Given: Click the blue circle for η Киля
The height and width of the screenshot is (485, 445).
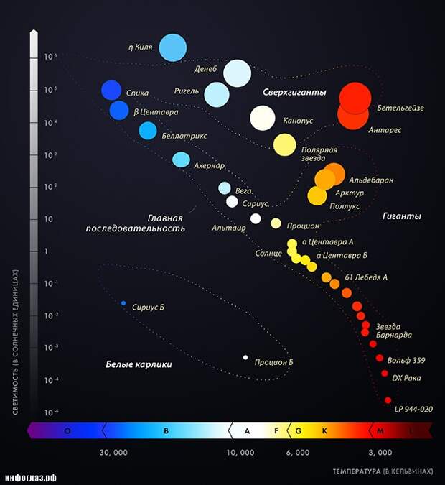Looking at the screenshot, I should [173, 47].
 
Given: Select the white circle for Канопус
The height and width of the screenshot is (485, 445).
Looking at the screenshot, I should [263, 117].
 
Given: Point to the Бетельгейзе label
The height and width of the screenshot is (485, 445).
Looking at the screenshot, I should [399, 108].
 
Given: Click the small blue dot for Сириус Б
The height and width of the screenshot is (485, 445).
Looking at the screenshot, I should [123, 303].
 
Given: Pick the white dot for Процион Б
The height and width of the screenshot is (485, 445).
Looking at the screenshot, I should [245, 357].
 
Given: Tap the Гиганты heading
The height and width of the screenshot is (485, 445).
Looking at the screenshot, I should [401, 216].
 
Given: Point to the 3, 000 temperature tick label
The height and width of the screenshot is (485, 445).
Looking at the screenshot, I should [380, 453].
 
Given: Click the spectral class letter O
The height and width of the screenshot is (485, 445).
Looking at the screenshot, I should [67, 431].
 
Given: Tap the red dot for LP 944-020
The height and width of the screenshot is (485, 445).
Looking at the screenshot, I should [388, 400].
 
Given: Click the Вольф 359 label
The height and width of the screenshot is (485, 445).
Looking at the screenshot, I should [406, 360].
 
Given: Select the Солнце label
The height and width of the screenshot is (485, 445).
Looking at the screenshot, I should [268, 254].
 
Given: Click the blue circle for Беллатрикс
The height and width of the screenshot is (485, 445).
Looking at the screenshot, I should [148, 130].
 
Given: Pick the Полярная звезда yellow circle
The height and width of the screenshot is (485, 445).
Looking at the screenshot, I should [284, 145].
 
